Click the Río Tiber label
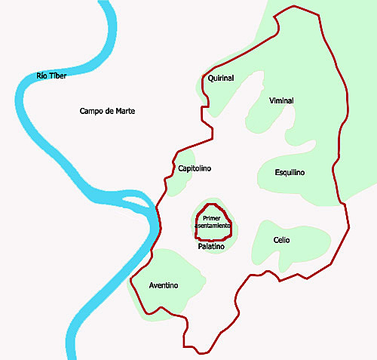52,75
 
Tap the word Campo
91,111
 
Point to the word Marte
123,111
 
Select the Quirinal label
221,78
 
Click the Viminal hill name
280,100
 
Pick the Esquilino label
290,173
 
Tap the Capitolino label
194,168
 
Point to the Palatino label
212,247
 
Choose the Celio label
281,240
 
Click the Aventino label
164,285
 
